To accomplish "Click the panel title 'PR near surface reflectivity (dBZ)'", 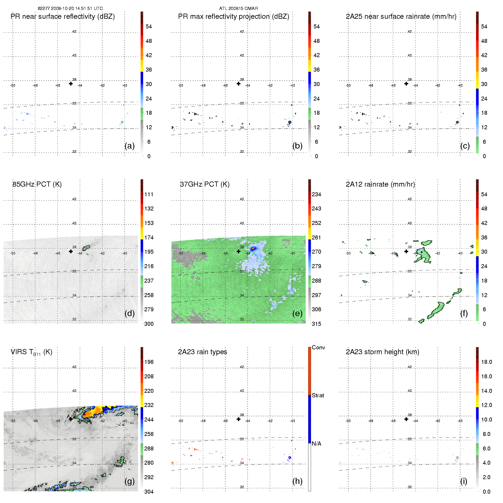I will pos(62,16).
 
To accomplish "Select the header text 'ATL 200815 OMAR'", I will pos(238,9).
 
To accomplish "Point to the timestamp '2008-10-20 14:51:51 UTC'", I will pos(77,9).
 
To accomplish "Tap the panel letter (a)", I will pos(130,146).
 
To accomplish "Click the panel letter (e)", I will pos(297,313).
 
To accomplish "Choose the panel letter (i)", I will pos(464,481).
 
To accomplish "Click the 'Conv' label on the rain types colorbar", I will pos(318,347).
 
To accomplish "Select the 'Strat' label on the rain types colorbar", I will pos(318,395).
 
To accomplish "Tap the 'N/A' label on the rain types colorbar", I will pos(316,444).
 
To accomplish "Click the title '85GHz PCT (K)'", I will pos(37,184).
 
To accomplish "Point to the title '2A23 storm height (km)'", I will pos(382,352).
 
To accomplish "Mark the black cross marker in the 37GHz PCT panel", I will pos(239,251).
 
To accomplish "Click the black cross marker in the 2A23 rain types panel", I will pos(239,419).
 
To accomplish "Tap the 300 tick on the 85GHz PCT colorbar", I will pos(149,324).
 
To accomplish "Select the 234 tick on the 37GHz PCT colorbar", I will pos(316,194).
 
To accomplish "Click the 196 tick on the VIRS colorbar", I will pos(149,362).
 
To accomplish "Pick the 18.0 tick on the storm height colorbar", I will pos(487,362).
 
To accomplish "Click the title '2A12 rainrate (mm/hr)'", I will pos(380,184).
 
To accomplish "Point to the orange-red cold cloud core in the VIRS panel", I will pos(94,411).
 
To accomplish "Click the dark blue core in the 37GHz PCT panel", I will pos(252,249).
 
